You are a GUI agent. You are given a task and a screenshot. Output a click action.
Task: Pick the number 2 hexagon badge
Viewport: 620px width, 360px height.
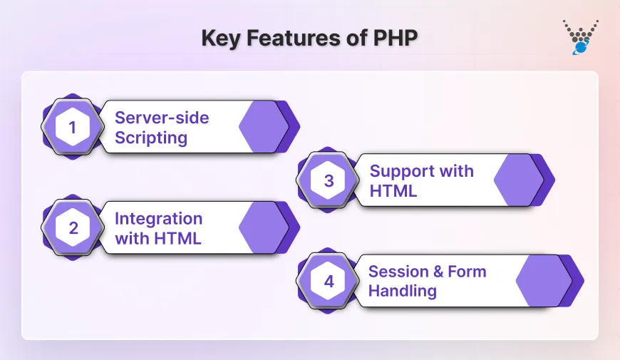(73, 228)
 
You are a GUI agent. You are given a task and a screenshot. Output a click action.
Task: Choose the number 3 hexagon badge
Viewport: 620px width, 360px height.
(329, 180)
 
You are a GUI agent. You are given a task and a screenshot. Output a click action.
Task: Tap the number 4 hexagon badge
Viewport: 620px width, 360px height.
(329, 281)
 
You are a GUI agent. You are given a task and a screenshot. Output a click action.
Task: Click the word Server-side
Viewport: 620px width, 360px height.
(162, 118)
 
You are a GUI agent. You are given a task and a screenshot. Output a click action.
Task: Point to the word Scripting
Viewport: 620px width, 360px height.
(151, 138)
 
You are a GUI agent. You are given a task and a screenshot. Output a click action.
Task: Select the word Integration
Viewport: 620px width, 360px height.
(158, 218)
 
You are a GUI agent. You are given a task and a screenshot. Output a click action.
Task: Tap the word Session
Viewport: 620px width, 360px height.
(396, 272)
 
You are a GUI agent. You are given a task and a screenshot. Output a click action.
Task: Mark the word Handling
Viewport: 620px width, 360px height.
(403, 291)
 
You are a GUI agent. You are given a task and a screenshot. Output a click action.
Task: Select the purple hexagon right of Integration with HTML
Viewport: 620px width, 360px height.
(264, 228)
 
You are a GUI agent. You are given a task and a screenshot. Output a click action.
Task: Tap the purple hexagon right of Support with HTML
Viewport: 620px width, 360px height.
(520, 180)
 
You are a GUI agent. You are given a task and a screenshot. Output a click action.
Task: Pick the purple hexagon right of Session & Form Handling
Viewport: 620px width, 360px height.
(543, 281)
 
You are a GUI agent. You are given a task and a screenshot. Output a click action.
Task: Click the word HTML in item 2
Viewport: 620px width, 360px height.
(178, 238)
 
